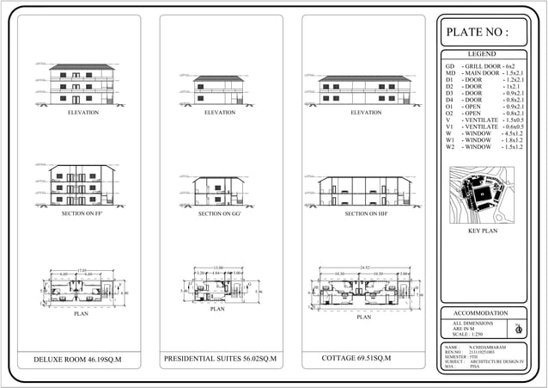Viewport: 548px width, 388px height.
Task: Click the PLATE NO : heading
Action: tap(478, 33)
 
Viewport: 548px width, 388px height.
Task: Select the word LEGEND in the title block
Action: tap(481, 54)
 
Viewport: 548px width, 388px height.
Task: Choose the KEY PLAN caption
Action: tap(481, 232)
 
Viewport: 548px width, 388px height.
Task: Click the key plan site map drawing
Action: tap(481, 195)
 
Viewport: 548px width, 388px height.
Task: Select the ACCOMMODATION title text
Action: tap(481, 313)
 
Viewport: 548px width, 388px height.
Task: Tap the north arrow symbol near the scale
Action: tap(518, 328)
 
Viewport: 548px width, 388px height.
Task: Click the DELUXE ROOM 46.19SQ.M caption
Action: tap(80, 359)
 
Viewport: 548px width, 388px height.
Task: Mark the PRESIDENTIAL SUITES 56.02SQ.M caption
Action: tap(218, 357)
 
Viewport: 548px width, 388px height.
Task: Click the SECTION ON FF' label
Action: tap(82, 213)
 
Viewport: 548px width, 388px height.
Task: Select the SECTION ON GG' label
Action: tap(219, 213)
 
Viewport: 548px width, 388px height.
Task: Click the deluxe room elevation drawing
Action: tap(82, 83)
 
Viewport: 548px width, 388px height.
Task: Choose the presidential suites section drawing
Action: tap(219, 191)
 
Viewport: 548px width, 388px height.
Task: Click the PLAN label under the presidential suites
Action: tap(217, 309)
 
